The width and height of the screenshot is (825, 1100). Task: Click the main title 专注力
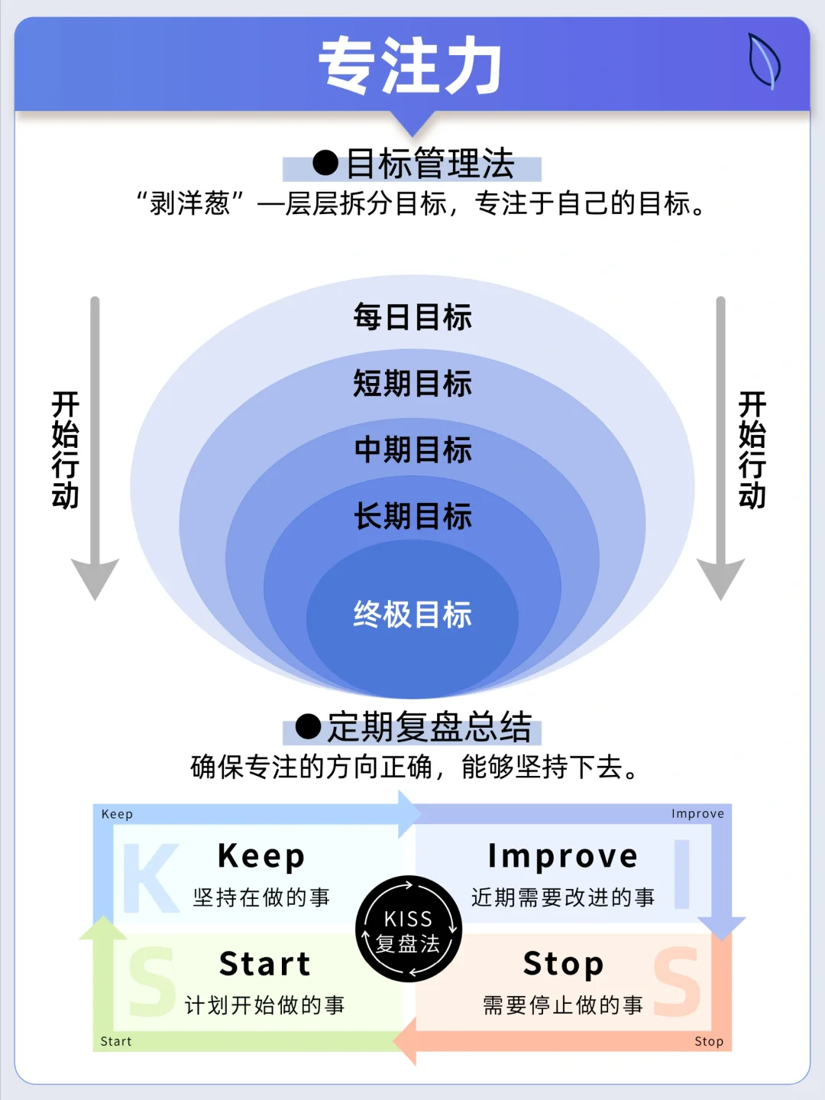point(410,65)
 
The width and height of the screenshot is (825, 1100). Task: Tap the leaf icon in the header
point(764,61)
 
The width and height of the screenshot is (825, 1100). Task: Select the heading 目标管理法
point(430,164)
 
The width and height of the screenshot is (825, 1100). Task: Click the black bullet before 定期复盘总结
point(309,726)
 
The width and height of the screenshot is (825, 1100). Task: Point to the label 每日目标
point(412,316)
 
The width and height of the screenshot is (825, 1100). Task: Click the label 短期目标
point(412,384)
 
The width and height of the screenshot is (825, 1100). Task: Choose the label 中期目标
point(412,449)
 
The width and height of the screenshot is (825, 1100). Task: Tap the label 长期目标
point(412,516)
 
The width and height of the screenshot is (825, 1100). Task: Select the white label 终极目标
point(412,615)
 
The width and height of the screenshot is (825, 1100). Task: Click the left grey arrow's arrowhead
point(95,576)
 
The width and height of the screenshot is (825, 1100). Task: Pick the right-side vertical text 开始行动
point(752,450)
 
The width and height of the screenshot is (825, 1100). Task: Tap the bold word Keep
point(261,856)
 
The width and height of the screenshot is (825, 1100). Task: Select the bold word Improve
point(563,856)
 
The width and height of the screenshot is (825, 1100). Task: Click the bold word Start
point(265,964)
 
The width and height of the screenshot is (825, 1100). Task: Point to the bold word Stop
point(563,965)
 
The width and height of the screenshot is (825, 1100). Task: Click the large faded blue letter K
point(150,878)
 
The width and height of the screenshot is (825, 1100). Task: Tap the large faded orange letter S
point(678,982)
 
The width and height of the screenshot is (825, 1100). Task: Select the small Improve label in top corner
point(698,814)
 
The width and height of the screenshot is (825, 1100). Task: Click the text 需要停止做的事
point(563,1006)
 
